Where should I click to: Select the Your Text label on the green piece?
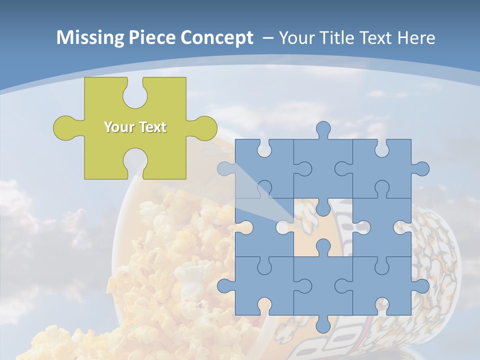(135, 127)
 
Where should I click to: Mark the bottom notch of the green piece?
(134, 162)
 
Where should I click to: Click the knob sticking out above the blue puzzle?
(323, 130)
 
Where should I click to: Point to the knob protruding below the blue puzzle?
(323, 325)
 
